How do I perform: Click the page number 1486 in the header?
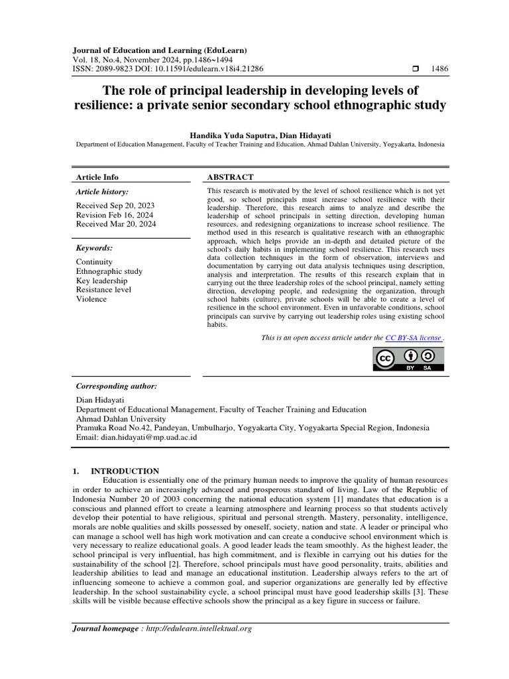pyautogui.click(x=439, y=68)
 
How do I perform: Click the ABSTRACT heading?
pyautogui.click(x=230, y=177)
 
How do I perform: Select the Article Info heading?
pyautogui.click(x=97, y=177)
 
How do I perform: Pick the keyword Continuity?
pyautogui.click(x=95, y=262)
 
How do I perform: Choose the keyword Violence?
pyautogui.click(x=91, y=299)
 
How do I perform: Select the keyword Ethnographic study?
pyautogui.click(x=109, y=271)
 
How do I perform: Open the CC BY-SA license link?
pyautogui.click(x=413, y=338)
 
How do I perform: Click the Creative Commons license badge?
pyautogui.click(x=409, y=359)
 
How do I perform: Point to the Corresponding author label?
pyautogui.click(x=117, y=386)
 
